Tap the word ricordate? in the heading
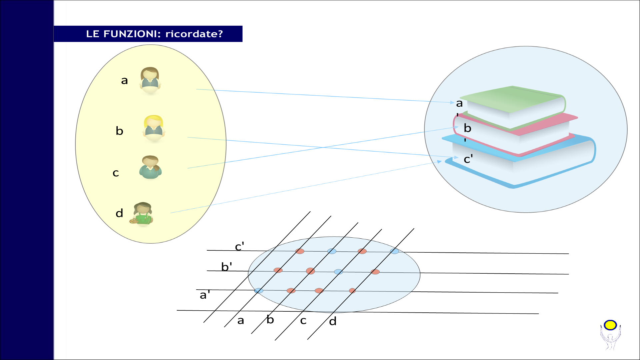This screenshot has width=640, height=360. (194, 34)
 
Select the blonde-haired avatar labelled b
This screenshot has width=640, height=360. (154, 128)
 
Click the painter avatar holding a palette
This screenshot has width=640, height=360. (142, 214)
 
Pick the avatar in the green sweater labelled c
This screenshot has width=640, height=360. (150, 167)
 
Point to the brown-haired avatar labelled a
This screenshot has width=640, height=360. (150, 80)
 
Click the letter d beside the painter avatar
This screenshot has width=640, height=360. (119, 213)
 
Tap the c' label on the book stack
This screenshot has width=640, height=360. (468, 159)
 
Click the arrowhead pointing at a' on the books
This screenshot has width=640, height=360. (452, 102)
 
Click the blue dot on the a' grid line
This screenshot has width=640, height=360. (259, 291)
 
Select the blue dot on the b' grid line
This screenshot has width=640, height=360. (338, 272)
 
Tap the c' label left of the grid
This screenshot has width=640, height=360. (239, 246)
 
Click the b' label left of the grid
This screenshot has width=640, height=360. (227, 266)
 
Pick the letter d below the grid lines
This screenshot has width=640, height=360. (333, 321)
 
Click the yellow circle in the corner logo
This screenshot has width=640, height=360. (610, 325)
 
